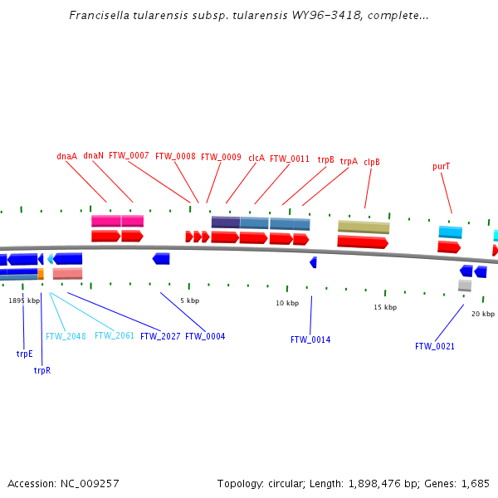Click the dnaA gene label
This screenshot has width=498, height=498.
point(66,155)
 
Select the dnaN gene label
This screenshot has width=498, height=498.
point(93,155)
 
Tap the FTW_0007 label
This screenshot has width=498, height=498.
point(129,155)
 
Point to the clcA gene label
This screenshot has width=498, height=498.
point(256,158)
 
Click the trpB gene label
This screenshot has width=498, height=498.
point(325,159)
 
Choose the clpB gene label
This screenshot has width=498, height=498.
point(372,162)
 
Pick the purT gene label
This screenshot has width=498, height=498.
point(442,166)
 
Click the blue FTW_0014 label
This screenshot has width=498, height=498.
point(310,339)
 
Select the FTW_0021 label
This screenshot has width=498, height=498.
point(435,346)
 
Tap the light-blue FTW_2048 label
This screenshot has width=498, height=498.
point(66,336)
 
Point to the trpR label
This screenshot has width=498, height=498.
point(42,370)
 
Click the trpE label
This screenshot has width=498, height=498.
point(24,354)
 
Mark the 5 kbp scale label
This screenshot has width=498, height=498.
point(189,300)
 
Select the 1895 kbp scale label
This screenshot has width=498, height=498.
point(23,300)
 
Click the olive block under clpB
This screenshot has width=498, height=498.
point(364,227)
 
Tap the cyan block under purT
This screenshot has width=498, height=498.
point(451,232)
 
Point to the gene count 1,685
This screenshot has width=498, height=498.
point(475,483)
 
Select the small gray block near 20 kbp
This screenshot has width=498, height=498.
point(465,286)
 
